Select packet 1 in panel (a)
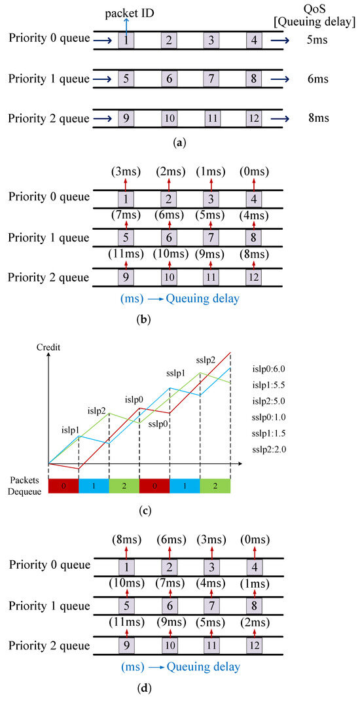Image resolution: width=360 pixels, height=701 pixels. coord(126,41)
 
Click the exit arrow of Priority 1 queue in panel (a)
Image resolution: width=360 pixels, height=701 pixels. coord(281,79)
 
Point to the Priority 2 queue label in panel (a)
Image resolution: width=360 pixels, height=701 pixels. coord(48,118)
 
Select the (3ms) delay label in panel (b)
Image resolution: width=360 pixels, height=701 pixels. coord(126,171)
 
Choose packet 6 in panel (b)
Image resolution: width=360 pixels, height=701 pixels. coord(169,236)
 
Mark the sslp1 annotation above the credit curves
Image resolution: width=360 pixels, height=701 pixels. coord(173,373)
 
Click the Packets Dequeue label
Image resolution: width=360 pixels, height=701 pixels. coord(24,486)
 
